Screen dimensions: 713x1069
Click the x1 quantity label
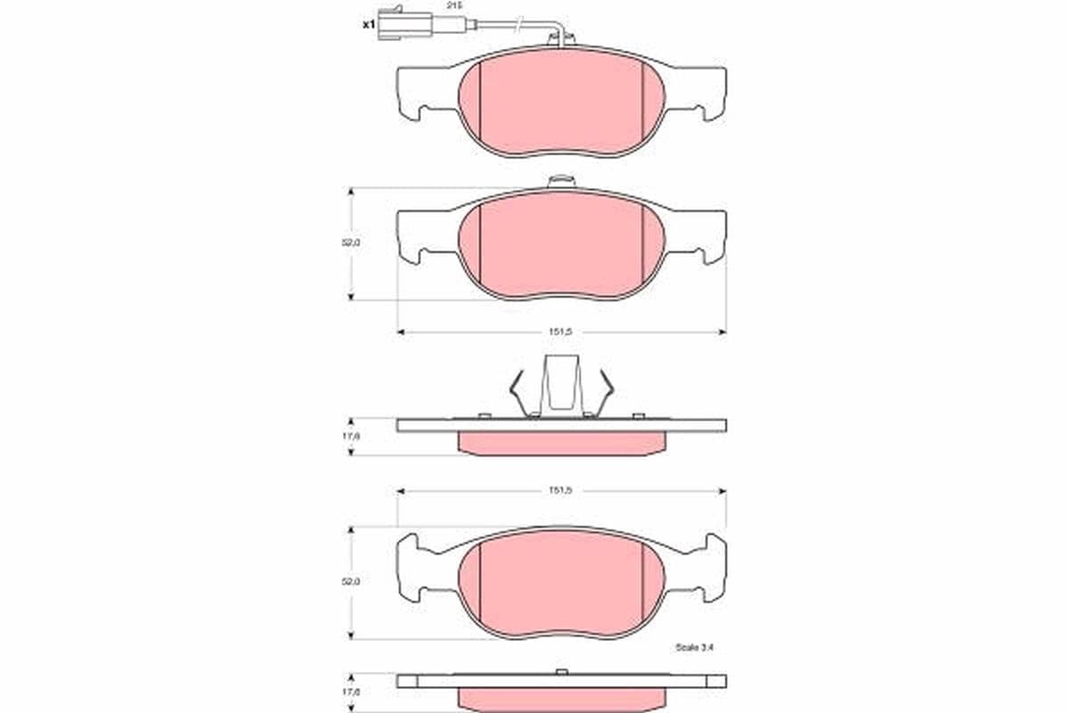point(368,25)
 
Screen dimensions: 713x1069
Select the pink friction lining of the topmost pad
point(561,102)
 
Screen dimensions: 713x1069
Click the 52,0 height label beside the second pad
point(355,242)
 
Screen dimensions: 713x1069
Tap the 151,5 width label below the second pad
point(560,332)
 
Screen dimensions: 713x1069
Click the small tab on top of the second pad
point(561,181)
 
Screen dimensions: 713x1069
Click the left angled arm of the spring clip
point(517,389)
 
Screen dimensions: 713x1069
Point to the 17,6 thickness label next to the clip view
point(353,437)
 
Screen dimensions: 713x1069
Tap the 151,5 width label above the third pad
point(560,490)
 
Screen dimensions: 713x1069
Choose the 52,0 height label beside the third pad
point(355,581)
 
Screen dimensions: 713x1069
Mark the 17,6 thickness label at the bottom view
point(353,691)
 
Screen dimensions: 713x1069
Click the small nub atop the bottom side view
point(560,671)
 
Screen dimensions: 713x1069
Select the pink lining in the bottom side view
point(561,697)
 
